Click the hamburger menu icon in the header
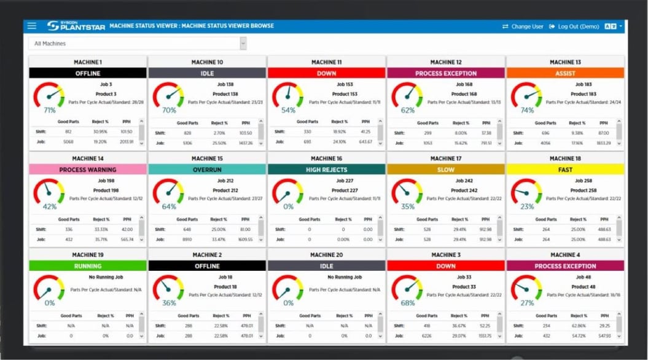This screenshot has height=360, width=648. (32, 26)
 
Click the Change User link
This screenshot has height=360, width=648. (523, 27)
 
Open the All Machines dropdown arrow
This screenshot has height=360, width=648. (243, 44)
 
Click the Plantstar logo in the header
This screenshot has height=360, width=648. (76, 26)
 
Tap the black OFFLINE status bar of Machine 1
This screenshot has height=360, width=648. (88, 73)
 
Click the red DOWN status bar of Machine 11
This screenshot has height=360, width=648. (327, 73)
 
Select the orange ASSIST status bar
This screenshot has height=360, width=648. (565, 73)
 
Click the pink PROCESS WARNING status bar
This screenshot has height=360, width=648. (88, 170)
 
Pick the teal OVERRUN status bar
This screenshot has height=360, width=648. (207, 170)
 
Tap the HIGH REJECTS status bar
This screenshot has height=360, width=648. (327, 170)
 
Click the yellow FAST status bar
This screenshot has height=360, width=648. (565, 170)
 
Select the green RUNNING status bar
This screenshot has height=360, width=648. (88, 266)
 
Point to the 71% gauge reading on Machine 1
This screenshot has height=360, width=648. (50, 111)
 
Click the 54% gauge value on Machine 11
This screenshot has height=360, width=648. (289, 111)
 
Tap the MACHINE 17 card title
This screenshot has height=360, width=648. (446, 158)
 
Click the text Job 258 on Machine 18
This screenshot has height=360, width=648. (584, 181)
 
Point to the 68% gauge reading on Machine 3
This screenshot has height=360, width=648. (408, 303)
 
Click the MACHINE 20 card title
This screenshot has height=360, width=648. (327, 255)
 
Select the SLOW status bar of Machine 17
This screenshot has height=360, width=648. (446, 170)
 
